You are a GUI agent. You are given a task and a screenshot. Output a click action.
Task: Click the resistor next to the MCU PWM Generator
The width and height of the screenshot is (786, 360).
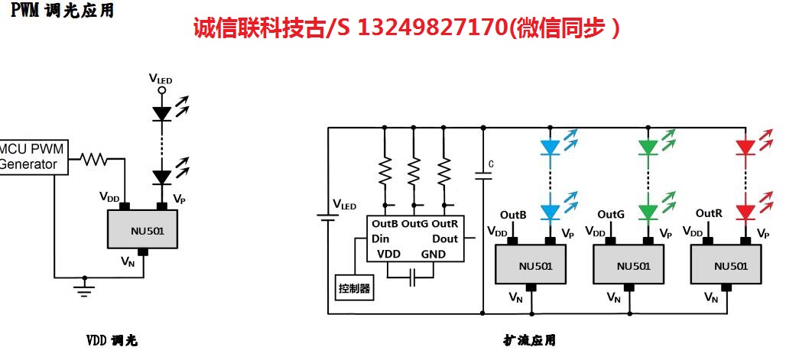pyautogui.click(x=94, y=160)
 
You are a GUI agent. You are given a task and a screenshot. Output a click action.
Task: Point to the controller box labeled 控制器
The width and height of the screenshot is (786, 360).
pyautogui.click(x=354, y=288)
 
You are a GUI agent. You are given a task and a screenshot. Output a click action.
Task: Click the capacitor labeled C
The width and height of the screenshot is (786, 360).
pyautogui.click(x=483, y=176)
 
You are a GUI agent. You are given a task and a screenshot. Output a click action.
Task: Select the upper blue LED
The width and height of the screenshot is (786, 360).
pyautogui.click(x=550, y=146)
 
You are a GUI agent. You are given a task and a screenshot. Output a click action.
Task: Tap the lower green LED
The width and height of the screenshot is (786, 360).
pyautogui.click(x=648, y=212)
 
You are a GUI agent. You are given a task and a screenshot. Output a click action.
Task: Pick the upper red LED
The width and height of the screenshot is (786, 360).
pyautogui.click(x=745, y=146)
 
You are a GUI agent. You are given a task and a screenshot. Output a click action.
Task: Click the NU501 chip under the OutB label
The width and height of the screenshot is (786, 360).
pyautogui.click(x=532, y=265)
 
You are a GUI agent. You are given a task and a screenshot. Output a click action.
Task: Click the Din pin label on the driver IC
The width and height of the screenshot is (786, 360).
pyautogui.click(x=381, y=238)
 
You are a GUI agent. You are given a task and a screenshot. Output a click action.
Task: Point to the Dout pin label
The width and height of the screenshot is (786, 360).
pyautogui.click(x=444, y=238)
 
